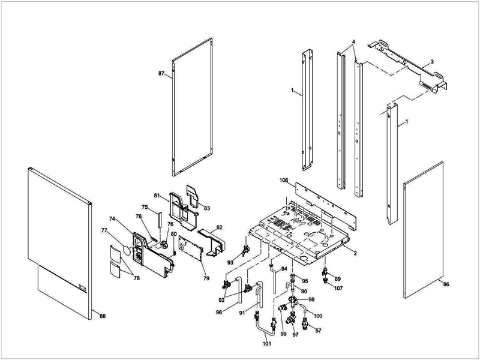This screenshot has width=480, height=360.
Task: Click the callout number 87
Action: pyautogui.click(x=161, y=73)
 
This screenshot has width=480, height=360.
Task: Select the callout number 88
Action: pyautogui.click(x=103, y=316)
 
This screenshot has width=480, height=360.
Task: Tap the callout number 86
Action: pyautogui.click(x=446, y=284)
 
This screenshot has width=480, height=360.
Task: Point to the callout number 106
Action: pyautogui.click(x=284, y=181)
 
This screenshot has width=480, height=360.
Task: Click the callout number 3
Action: pyautogui.click(x=432, y=62)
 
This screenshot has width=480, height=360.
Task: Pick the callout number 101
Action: pyautogui.click(x=267, y=343)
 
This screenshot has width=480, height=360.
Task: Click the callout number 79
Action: pyautogui.click(x=206, y=278)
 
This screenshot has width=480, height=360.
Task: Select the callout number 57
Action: pyautogui.click(x=319, y=331)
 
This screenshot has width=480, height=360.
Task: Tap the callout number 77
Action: pyautogui.click(x=104, y=230)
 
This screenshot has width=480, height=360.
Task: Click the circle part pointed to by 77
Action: pyautogui.click(x=126, y=250)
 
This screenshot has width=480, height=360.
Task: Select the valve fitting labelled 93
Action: pyautogui.click(x=245, y=251)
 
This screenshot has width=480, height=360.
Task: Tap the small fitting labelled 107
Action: pyautogui.click(x=325, y=280)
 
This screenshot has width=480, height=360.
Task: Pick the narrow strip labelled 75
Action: pyautogui.click(x=159, y=219)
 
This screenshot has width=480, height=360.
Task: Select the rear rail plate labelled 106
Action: pyautogui.click(x=326, y=206)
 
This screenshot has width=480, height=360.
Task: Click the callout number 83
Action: pyautogui.click(x=207, y=208)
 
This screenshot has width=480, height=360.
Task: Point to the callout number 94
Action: pyautogui.click(x=284, y=269)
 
